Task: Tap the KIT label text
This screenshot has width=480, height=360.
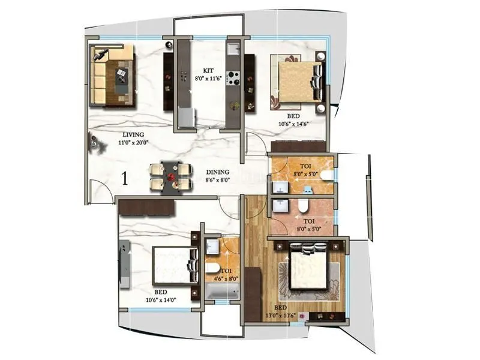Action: [x=208, y=70]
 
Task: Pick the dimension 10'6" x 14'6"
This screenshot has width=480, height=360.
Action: [x=294, y=125]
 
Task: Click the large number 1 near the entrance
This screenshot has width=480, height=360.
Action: [x=124, y=178]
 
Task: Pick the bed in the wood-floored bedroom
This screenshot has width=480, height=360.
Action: [x=309, y=269]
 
